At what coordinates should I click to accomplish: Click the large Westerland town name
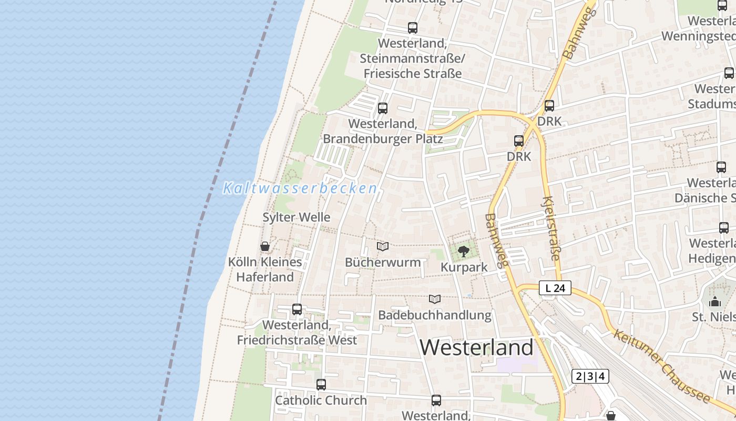point(476,347)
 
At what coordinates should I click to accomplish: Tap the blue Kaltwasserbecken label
point(300,188)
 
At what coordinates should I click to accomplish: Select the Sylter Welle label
point(297,217)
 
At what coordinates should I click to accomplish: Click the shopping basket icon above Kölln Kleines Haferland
point(265,246)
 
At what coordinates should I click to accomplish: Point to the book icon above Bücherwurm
point(383,246)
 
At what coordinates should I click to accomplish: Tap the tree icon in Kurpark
point(463,252)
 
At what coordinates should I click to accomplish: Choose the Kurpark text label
point(464,267)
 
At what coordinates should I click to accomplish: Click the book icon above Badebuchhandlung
point(434,299)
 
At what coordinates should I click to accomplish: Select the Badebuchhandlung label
point(435,315)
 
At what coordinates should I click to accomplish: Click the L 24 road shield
point(555,288)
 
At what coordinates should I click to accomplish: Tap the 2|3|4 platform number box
point(590,376)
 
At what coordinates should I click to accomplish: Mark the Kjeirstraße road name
point(551,229)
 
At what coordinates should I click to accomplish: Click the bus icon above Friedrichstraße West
point(297,309)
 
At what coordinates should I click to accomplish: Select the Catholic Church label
point(321,400)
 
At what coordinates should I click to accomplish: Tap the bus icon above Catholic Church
point(321,385)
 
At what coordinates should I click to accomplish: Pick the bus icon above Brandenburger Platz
point(383,108)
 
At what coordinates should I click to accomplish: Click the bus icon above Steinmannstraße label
point(413,28)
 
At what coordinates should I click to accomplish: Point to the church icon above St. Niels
point(715,302)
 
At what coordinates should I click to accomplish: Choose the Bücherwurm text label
point(383,262)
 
